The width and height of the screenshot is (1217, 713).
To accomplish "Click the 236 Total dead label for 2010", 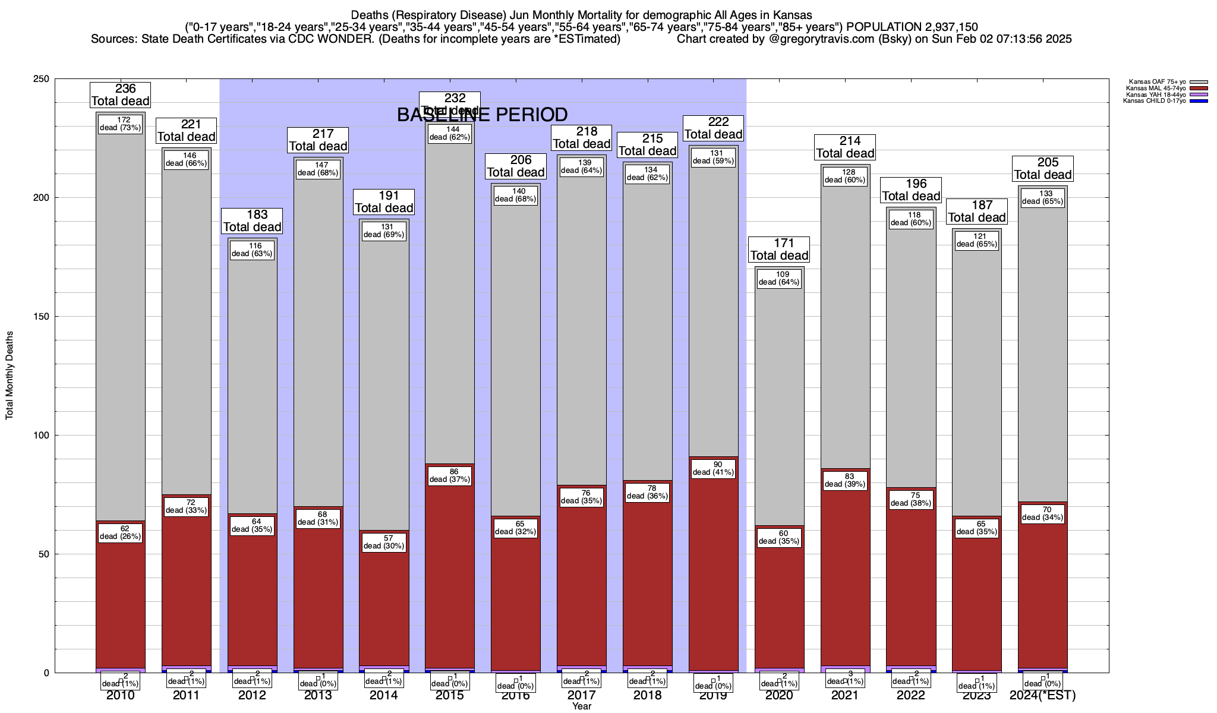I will tap(121, 95).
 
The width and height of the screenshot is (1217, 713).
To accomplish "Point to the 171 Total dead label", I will tap(779, 250).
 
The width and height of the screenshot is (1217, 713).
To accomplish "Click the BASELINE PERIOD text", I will tap(482, 115).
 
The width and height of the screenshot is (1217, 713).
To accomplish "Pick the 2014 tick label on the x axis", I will tap(384, 695).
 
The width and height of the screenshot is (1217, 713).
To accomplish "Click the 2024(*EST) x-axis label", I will tap(1042, 695).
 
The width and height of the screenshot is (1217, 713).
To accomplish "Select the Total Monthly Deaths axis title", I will tap(10, 376).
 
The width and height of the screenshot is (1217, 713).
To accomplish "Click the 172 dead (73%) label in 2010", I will tap(121, 124).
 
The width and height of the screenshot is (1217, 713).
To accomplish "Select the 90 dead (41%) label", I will tap(713, 468).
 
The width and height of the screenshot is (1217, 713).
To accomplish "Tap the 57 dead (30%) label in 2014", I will tap(384, 542).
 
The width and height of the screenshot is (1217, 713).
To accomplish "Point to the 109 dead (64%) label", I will tap(779, 278).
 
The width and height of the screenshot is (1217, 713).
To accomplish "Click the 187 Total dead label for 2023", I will tap(976, 212).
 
